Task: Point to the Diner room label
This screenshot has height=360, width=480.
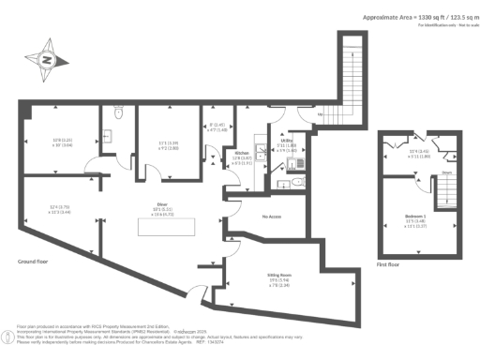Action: [161, 202]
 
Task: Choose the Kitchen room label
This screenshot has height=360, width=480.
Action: [241, 152]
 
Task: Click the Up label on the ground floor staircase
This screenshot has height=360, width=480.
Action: [321, 114]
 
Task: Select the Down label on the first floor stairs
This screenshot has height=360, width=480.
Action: [421, 172]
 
